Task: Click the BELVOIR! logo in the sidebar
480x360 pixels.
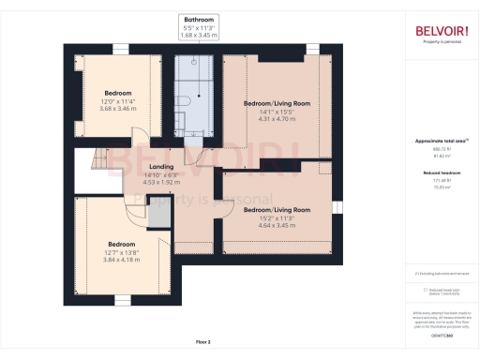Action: [442, 30]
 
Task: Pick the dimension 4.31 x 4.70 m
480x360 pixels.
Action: [277, 119]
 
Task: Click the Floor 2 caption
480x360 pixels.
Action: [203, 341]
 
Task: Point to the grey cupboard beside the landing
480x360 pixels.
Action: [158, 216]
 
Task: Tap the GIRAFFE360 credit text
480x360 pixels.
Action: [442, 335]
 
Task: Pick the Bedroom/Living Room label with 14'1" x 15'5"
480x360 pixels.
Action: [277, 102]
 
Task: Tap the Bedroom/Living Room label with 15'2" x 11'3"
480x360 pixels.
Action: [277, 210]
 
